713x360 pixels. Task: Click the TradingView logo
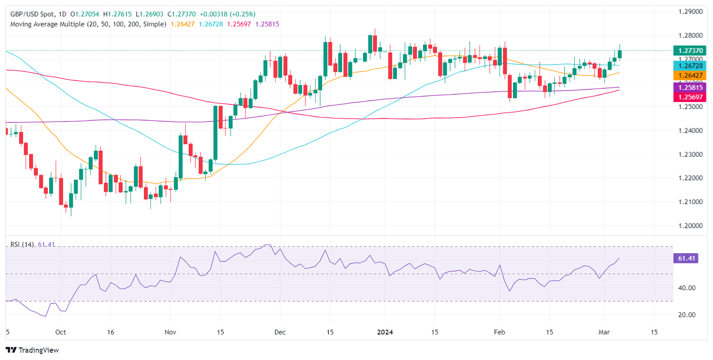[x=32, y=350]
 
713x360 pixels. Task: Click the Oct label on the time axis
[x=60, y=332]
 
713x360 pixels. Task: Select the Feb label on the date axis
[x=499, y=332]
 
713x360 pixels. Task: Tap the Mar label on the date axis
[x=604, y=332]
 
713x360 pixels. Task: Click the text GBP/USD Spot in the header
[x=33, y=14]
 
